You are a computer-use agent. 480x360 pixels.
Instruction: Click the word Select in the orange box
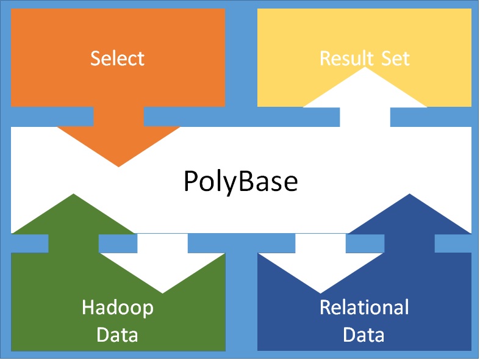[x=117, y=59]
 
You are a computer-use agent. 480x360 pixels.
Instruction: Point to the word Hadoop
[x=118, y=307]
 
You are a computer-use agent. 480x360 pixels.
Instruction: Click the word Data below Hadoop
[x=118, y=334]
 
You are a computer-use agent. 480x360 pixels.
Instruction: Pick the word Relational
[x=364, y=307]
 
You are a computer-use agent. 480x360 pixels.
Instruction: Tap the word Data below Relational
[x=364, y=334]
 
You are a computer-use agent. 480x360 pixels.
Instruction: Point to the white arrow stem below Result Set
[x=365, y=117]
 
